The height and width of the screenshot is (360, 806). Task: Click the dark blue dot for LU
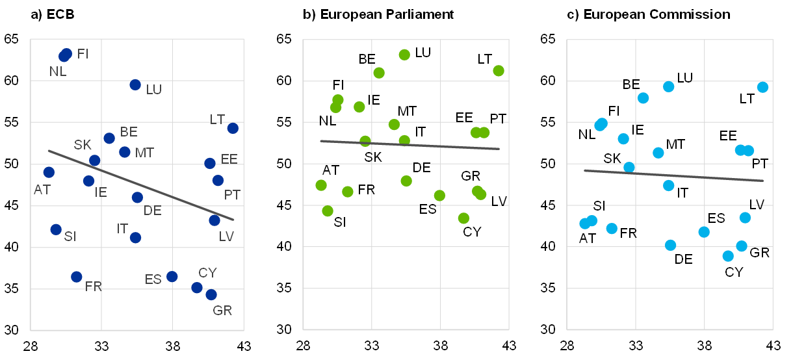(x=135, y=84)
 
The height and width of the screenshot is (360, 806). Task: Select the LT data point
(x=233, y=128)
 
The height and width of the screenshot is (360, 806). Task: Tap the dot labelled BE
(x=109, y=138)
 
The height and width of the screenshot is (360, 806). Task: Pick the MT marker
(x=125, y=152)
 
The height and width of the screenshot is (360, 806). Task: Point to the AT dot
(x=49, y=172)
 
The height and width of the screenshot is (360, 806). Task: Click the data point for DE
(x=137, y=198)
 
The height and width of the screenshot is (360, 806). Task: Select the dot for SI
(x=56, y=229)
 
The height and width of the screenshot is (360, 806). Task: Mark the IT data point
(x=135, y=238)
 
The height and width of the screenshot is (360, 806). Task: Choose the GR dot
(x=211, y=295)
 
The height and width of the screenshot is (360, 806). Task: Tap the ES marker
(x=172, y=277)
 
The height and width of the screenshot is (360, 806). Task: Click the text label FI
(x=83, y=54)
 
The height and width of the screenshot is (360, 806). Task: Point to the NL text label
(x=58, y=71)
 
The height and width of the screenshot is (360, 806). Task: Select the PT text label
(x=232, y=195)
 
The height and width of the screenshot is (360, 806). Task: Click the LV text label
(x=226, y=237)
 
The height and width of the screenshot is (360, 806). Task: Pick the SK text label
(x=83, y=145)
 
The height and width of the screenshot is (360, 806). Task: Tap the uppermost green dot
(x=404, y=55)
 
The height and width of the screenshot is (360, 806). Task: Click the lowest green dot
(x=463, y=218)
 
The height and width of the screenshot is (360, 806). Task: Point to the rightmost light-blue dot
(x=763, y=87)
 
